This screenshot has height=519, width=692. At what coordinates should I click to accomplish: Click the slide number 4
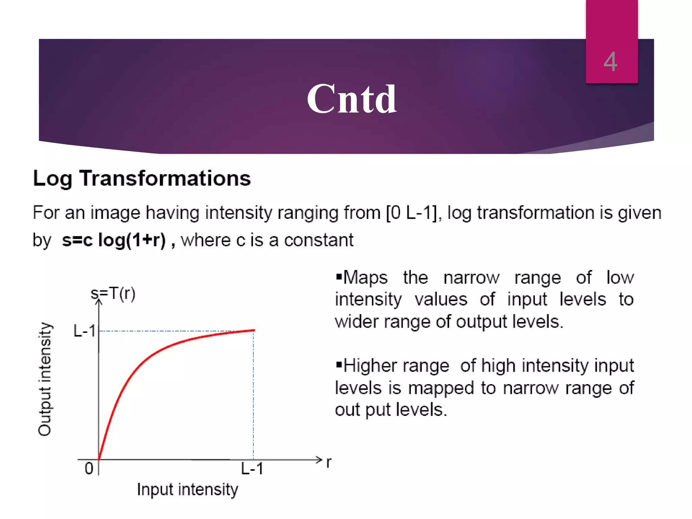coord(610,62)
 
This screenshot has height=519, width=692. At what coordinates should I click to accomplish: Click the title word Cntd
coord(351,99)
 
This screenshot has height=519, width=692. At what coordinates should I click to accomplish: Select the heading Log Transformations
coord(142,178)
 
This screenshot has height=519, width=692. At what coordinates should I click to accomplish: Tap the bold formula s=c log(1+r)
coord(114,240)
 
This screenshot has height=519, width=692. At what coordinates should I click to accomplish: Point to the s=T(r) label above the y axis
coord(113,293)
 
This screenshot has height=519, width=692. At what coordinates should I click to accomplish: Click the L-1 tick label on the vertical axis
coord(84,331)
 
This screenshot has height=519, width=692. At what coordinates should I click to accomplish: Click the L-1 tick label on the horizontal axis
coord(252,469)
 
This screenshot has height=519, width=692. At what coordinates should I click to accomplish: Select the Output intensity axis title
coord(45,379)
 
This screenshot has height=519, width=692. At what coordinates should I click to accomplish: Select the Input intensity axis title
coord(188,490)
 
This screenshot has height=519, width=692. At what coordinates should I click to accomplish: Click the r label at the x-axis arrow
coord(329,462)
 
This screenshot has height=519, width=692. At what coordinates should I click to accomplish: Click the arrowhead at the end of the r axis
coord(319,460)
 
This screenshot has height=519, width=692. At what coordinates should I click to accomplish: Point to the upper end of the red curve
coord(253,330)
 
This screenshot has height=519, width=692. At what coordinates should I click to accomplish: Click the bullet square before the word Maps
coord(339,277)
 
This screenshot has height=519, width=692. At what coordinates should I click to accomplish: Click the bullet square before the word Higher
coord(339,365)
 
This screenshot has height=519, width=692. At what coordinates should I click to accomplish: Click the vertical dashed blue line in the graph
coord(253,395)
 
